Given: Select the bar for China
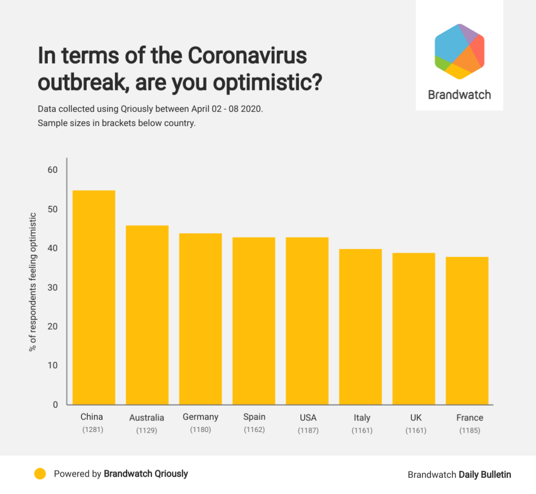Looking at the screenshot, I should [94, 297].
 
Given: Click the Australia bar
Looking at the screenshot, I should [147, 315].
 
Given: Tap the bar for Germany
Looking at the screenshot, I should [200, 318].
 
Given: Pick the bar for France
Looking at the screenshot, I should [467, 331].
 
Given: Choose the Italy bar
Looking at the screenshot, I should [360, 326].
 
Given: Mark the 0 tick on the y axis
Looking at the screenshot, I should [55, 405].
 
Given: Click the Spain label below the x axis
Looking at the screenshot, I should [254, 417].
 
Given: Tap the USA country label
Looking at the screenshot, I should [308, 418].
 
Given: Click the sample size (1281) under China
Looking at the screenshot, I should [92, 430].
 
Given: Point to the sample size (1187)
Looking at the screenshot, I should [308, 431].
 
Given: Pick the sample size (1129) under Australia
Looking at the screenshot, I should [147, 431].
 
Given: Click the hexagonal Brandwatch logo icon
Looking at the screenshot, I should [459, 51].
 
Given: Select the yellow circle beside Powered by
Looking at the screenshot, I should [40, 474].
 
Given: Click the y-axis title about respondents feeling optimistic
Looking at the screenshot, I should [33, 282].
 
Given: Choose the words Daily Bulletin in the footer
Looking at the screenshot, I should [485, 475].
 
